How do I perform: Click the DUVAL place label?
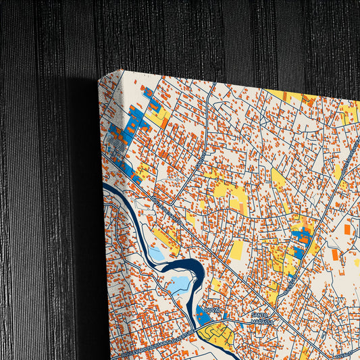click(212, 309)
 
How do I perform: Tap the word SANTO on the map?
click(260, 314)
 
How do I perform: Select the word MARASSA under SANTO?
click(263, 322)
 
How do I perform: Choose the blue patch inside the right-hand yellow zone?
click(301, 236)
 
